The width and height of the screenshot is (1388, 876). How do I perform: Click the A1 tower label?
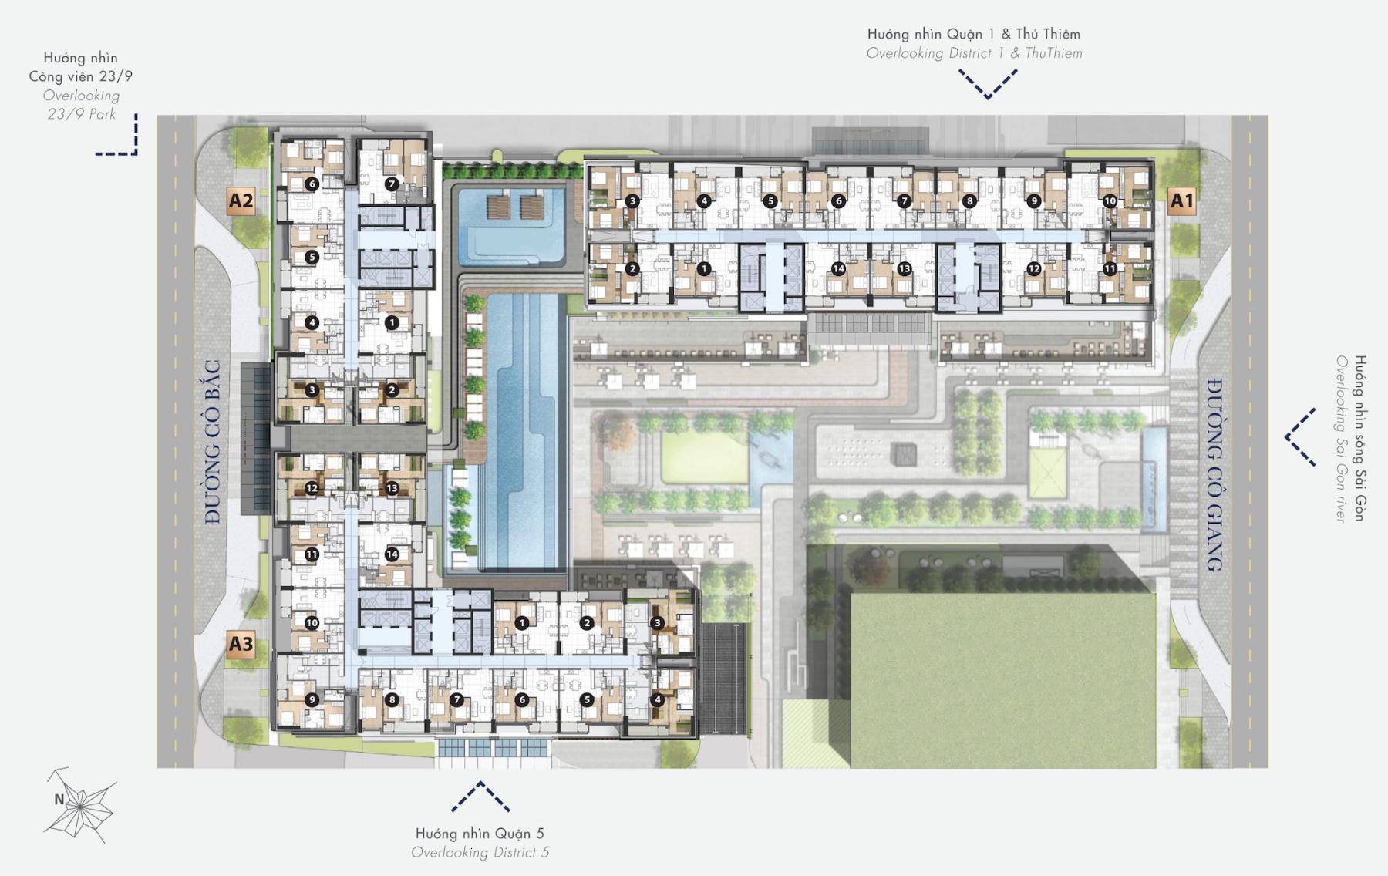1181,201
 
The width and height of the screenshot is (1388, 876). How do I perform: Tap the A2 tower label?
241,201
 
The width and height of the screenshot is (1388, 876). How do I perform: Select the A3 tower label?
241,644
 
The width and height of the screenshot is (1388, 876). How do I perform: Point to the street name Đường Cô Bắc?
213,442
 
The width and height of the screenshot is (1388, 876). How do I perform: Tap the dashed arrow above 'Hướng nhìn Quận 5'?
480,796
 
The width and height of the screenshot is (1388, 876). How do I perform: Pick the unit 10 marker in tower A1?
1110,201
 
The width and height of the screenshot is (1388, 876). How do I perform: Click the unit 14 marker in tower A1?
838,269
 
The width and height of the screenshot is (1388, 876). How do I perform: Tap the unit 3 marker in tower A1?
632,201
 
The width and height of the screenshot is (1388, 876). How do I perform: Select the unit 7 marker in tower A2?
392,184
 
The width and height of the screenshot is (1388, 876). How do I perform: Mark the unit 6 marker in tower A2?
312,184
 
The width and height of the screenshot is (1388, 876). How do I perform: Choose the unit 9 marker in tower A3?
312,700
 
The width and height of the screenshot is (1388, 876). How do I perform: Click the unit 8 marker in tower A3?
392,700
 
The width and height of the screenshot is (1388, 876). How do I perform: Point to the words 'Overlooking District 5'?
480,852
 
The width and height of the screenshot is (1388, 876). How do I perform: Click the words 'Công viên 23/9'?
81,76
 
